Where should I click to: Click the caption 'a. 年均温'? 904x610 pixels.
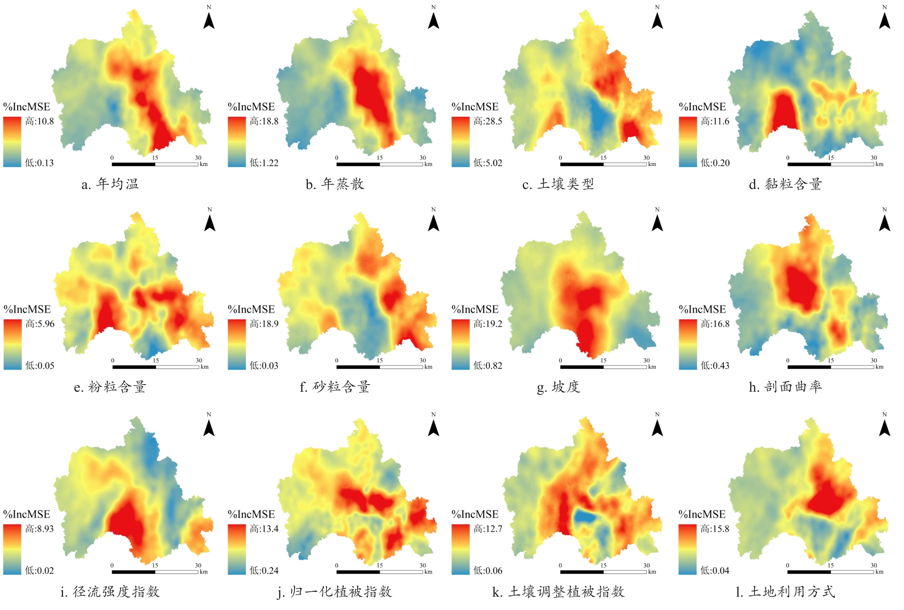(x=110, y=184)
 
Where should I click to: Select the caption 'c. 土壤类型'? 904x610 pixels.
(x=558, y=184)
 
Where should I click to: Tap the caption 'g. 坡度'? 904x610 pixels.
(x=558, y=387)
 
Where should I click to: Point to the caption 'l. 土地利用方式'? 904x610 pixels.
(x=785, y=592)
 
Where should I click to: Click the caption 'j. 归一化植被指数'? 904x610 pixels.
(x=335, y=592)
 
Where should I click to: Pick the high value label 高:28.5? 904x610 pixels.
(x=488, y=121)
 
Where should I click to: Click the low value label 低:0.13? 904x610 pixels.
(x=39, y=163)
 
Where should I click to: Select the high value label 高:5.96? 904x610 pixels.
(x=40, y=324)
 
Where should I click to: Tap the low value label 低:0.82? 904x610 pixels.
(x=488, y=365)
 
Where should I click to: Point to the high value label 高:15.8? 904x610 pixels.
(x=715, y=529)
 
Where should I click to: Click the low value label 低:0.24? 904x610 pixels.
(x=264, y=570)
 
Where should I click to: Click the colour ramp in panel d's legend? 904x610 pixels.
(x=687, y=142)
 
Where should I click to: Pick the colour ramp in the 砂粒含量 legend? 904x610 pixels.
(x=237, y=345)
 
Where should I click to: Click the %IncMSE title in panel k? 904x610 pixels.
(x=475, y=514)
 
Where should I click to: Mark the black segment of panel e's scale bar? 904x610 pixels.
(x=134, y=367)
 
